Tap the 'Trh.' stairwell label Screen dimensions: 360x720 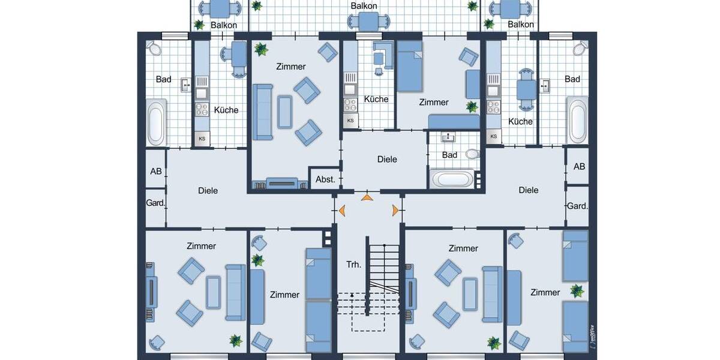(x=353, y=265)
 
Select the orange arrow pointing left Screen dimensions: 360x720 (x=341, y=210)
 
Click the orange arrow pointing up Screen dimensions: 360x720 (x=367, y=197)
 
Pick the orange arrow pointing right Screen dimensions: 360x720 (x=394, y=210)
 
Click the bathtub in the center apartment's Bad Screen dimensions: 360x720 (x=453, y=179)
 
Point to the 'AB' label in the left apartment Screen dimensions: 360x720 (x=156, y=171)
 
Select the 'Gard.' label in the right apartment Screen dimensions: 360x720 (x=577, y=206)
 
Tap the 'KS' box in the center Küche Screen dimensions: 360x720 (x=350, y=121)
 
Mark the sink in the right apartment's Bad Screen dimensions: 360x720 (x=546, y=86)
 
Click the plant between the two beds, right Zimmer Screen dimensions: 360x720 (x=577, y=291)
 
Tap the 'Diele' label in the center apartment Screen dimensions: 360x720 (x=387, y=160)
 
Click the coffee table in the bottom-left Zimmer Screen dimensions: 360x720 (x=213, y=292)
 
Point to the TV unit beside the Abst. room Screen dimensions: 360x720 (x=281, y=184)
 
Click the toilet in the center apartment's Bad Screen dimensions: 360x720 (x=472, y=154)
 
